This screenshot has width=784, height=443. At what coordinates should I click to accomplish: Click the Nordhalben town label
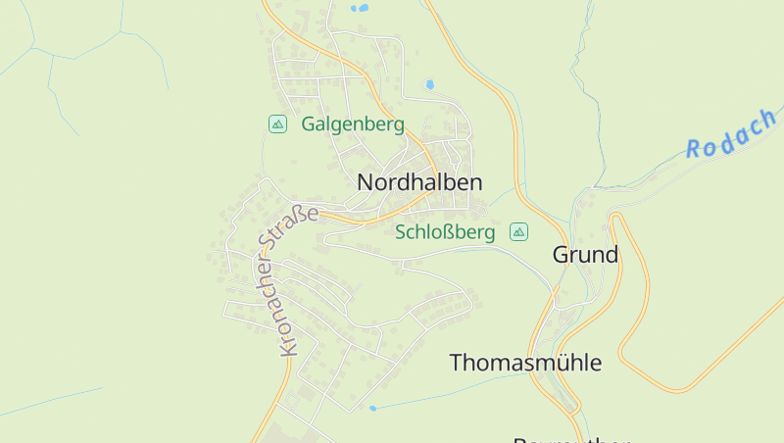tap(419, 182)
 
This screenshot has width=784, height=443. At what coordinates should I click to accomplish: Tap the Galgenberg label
tap(353, 124)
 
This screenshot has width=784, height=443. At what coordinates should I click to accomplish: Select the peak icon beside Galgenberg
tap(277, 123)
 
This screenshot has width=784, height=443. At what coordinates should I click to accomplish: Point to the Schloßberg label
tap(444, 232)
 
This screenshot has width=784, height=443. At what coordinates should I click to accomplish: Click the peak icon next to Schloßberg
tap(518, 232)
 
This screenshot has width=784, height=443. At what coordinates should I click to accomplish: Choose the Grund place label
tap(585, 256)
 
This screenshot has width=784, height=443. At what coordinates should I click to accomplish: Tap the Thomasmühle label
tap(525, 363)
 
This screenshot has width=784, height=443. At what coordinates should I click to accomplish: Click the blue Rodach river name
tap(730, 133)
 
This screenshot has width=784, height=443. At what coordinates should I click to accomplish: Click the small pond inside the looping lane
tap(429, 85)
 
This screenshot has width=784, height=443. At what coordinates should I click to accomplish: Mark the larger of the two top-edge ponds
tap(363, 8)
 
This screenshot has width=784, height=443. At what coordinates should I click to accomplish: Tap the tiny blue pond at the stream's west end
tap(372, 408)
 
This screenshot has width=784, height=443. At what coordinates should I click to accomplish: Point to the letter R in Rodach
tap(695, 149)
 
